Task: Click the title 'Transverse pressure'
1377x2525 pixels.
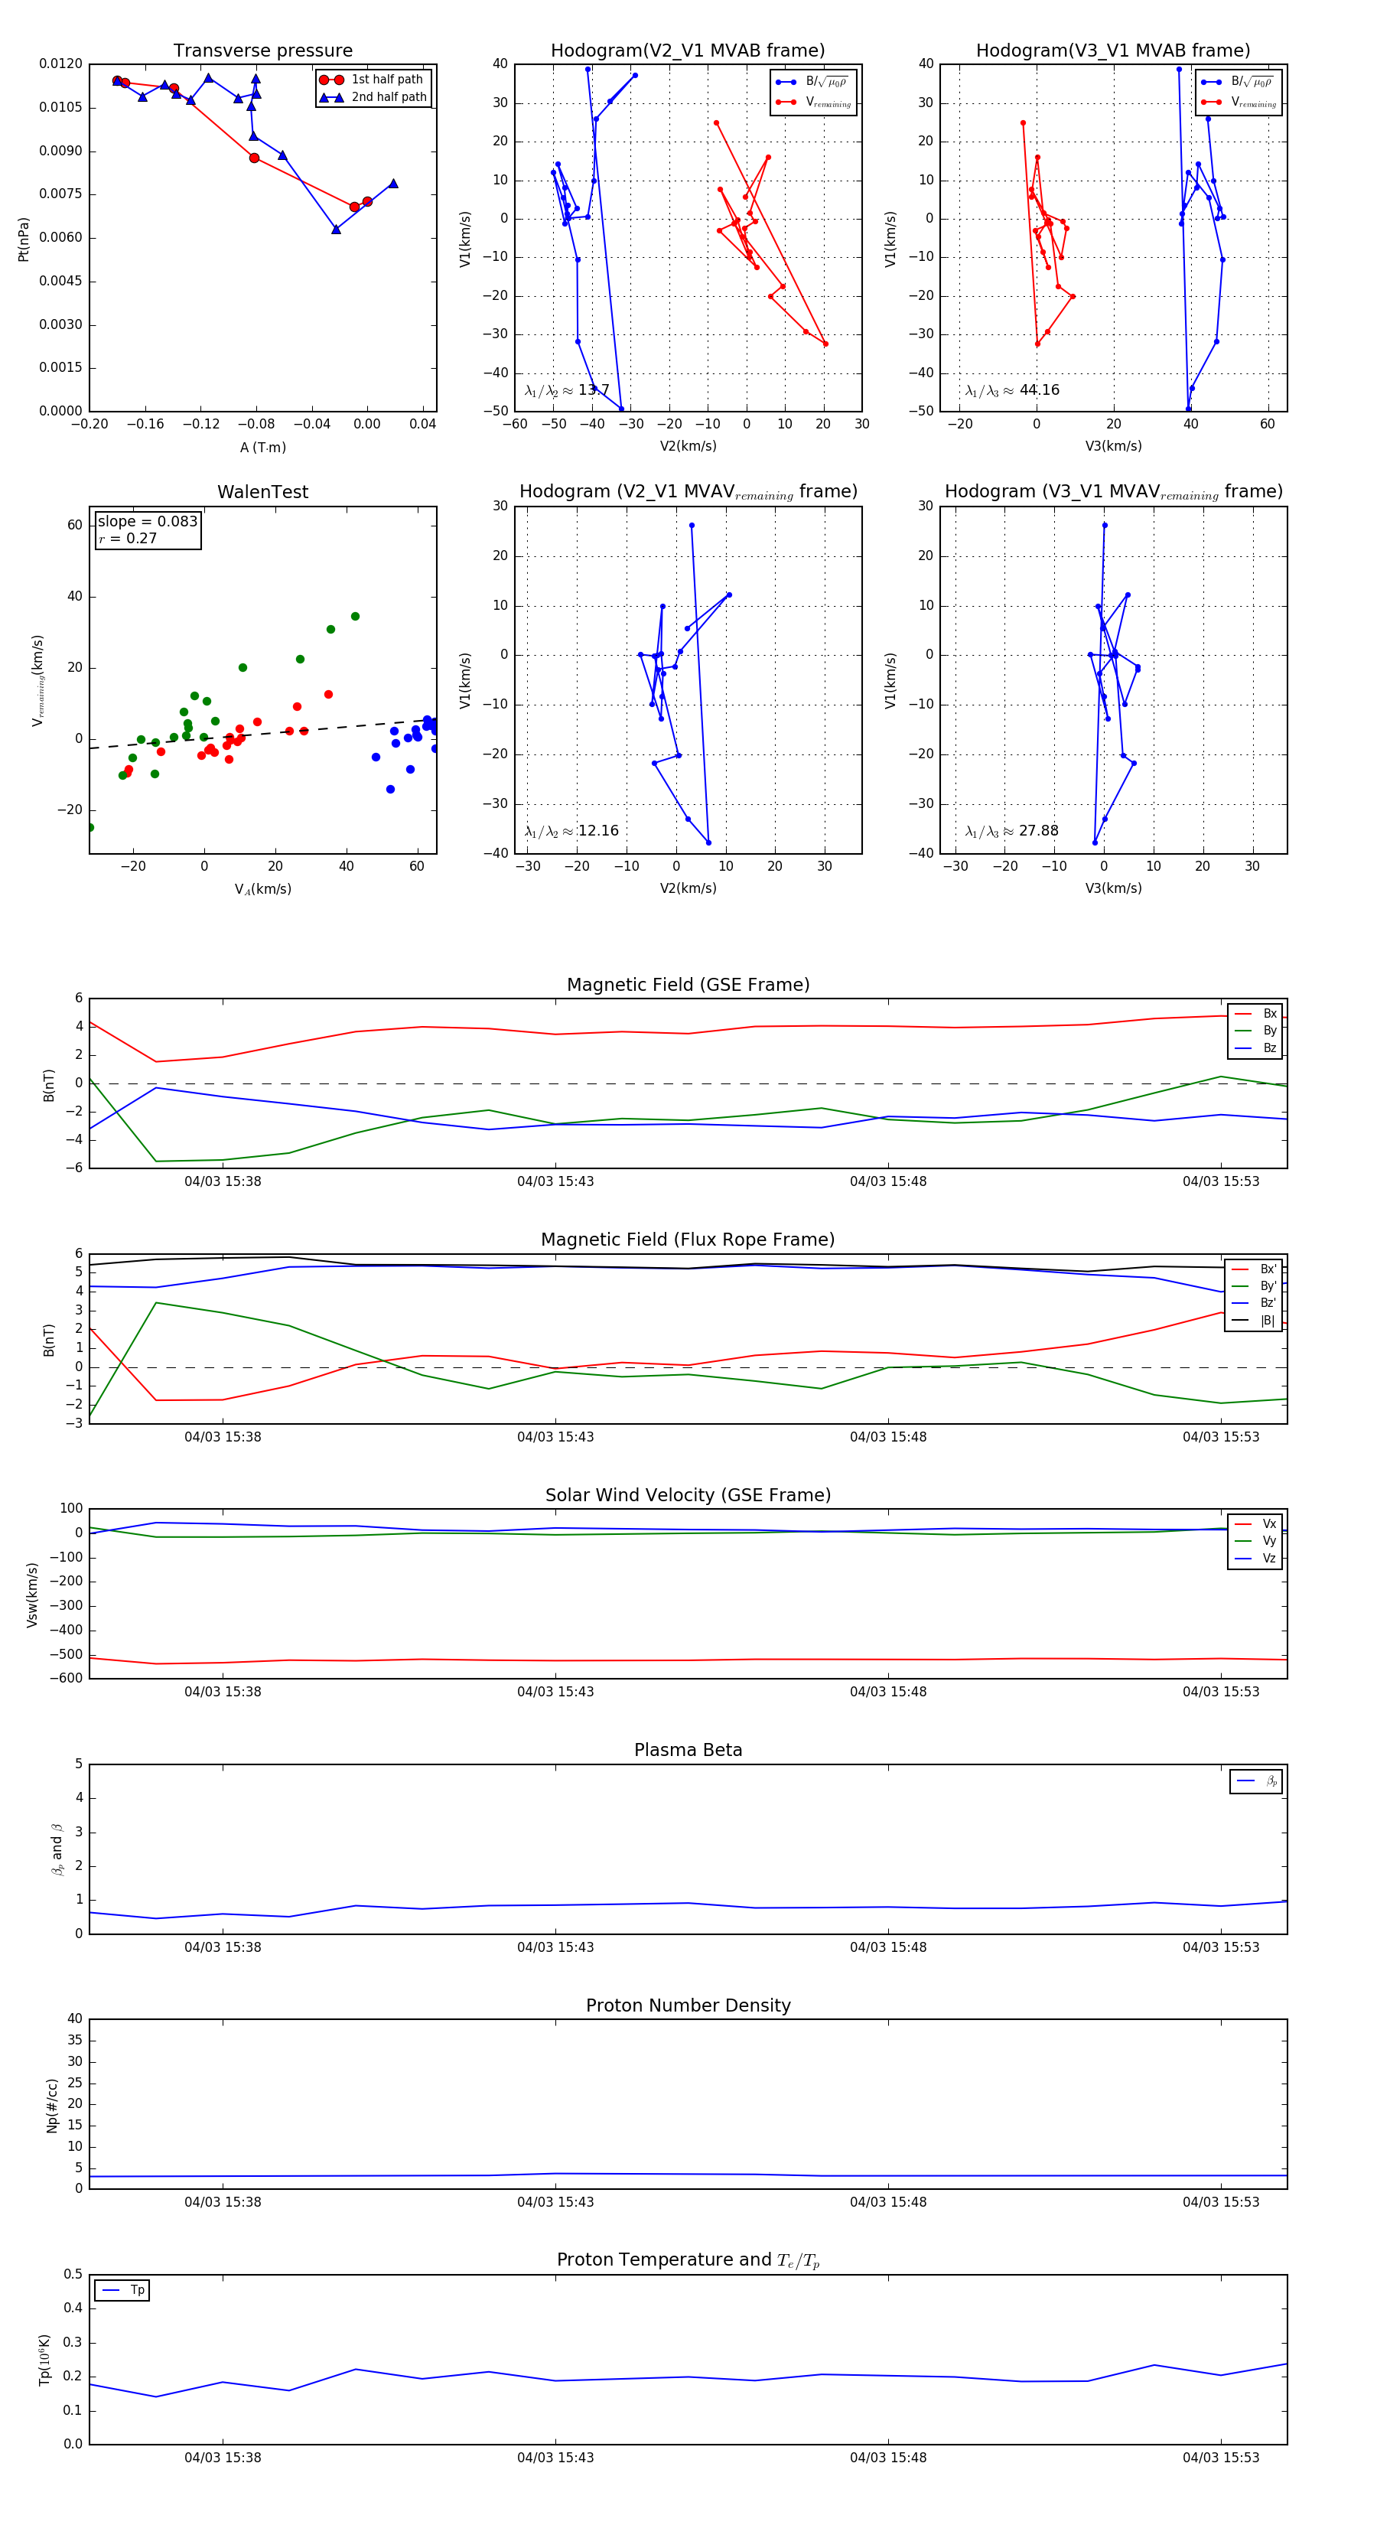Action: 262,51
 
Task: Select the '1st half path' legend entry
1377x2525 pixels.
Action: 386,80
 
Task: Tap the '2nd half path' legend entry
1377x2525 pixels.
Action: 388,97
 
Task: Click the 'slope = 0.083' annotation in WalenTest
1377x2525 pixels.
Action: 147,522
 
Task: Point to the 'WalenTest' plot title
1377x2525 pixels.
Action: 262,492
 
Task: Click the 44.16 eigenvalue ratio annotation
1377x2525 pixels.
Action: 1012,390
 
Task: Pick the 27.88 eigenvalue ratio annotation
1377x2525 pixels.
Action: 1011,831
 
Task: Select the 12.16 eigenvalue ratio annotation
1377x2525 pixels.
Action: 571,831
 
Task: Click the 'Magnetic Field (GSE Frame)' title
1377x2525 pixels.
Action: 688,985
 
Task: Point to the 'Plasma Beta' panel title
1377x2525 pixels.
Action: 688,1751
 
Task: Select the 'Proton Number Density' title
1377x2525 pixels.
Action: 688,2005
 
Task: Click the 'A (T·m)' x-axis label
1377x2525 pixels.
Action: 262,448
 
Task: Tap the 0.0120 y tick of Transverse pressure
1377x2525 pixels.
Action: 60,64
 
